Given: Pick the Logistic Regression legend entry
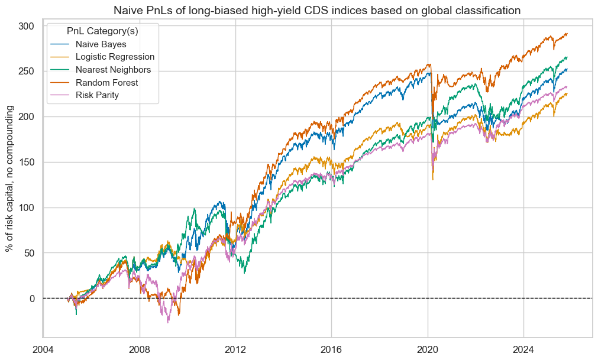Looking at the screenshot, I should tap(115, 57).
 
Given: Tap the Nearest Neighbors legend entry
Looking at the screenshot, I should tap(113, 70).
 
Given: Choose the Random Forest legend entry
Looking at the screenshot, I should tap(106, 83).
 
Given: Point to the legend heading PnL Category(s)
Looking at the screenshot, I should tap(103, 30).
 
